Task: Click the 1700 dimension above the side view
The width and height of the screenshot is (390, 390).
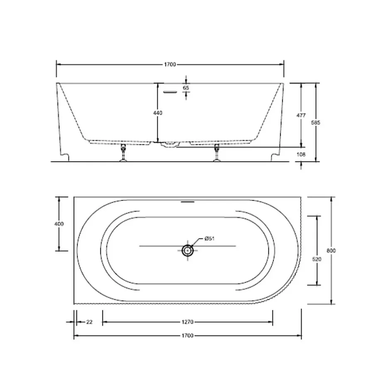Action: click(170, 64)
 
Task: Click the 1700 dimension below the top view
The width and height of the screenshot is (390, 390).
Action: click(187, 336)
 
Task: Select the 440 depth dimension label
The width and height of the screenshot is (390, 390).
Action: click(158, 113)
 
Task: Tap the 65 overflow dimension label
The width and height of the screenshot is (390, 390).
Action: click(186, 88)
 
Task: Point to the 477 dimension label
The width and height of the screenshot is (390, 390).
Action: click(301, 115)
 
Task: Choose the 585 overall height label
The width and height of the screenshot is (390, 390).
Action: click(316, 122)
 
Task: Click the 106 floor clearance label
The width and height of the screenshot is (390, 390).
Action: click(301, 154)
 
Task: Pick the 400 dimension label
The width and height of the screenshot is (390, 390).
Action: click(59, 224)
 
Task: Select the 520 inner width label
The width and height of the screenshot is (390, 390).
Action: click(317, 259)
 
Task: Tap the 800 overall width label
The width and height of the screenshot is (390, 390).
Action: click(331, 251)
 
